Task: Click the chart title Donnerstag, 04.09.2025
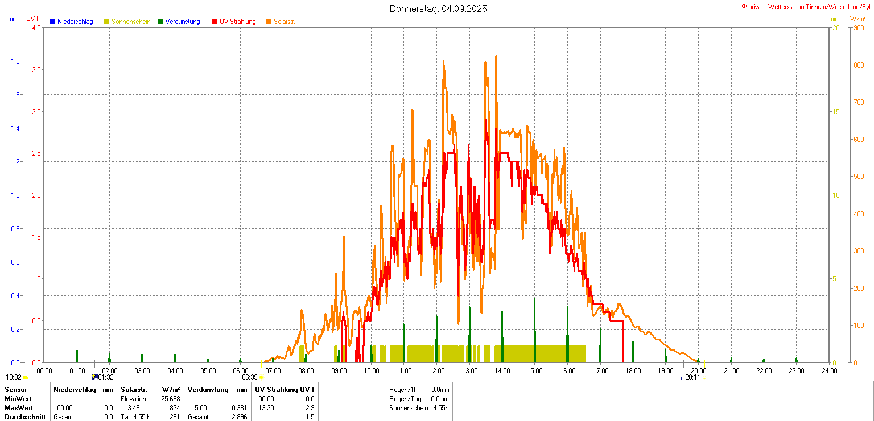[438, 9]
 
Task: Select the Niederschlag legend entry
[75, 22]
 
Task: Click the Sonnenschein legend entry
[130, 22]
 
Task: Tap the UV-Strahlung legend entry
[237, 22]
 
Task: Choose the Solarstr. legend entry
[284, 22]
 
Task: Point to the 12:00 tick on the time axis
[437, 371]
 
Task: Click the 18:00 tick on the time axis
[633, 371]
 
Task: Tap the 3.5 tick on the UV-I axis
[36, 69]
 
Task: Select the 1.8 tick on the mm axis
[15, 61]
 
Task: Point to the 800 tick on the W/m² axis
[859, 65]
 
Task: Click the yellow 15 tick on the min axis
[836, 111]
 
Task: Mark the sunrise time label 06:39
[250, 377]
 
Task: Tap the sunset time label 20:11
[692, 377]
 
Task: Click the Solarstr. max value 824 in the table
[175, 408]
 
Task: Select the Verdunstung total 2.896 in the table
[240, 417]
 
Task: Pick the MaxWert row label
[19, 408]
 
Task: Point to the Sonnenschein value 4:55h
[440, 408]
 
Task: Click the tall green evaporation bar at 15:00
[535, 330]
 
